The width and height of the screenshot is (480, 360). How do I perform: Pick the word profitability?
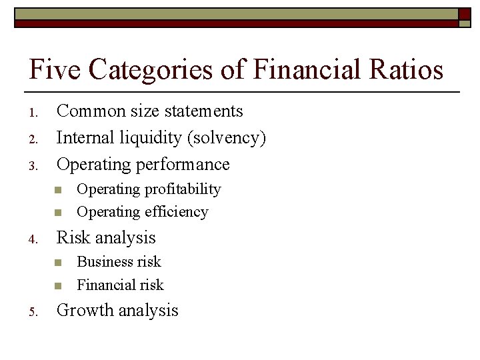(x=180, y=189)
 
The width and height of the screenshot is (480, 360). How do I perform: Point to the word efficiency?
(x=175, y=212)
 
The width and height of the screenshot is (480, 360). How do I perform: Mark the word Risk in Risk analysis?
(x=71, y=237)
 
